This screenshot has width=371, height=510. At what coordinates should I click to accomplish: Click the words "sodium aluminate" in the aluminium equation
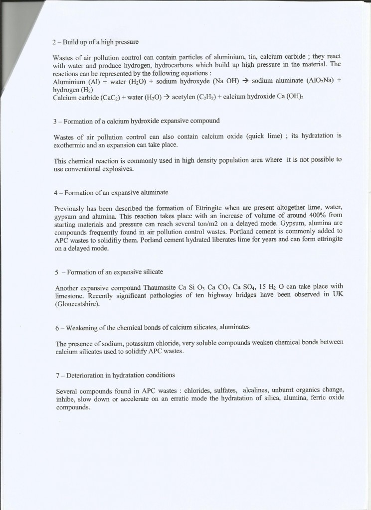tap(278, 81)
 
